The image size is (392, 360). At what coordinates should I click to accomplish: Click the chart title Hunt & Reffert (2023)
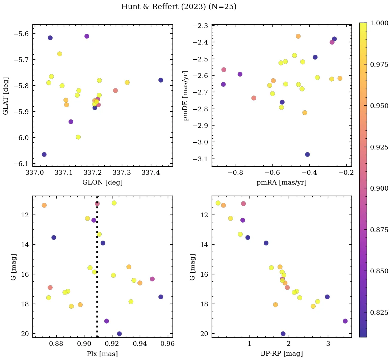[179, 7]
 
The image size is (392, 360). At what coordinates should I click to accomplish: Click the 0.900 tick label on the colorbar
[379, 188]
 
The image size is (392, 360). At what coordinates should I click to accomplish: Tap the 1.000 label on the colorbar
[379, 23]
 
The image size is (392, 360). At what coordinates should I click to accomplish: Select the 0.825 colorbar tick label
[379, 312]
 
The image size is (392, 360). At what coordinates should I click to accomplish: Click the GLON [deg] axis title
[103, 183]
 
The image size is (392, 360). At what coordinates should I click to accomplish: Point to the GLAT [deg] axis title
[6, 96]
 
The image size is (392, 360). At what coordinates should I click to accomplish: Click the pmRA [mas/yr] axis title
[282, 183]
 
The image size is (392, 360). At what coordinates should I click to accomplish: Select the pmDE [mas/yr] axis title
[185, 96]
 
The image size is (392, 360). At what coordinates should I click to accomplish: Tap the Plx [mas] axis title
[102, 354]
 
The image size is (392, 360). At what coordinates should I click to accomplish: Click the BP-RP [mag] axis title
[282, 354]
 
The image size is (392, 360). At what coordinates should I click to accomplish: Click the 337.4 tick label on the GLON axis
[151, 173]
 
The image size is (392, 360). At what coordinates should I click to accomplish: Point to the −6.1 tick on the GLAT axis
[22, 164]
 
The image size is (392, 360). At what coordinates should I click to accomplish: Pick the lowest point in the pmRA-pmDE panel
[307, 155]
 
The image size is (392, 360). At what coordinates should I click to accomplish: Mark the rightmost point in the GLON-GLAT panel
[161, 80]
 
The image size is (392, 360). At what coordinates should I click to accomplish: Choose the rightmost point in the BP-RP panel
[345, 321]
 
